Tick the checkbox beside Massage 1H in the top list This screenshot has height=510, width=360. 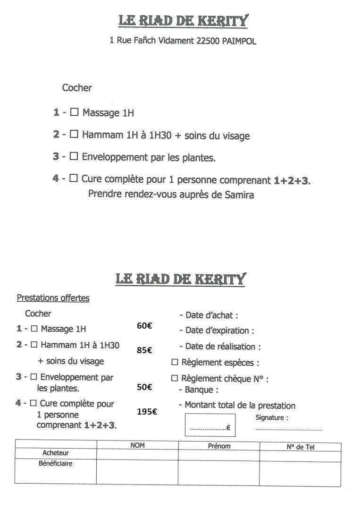(x=74, y=112)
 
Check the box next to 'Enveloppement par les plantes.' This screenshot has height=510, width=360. (x=74, y=156)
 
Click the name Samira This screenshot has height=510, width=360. (x=239, y=195)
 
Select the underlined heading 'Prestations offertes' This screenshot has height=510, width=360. (x=53, y=298)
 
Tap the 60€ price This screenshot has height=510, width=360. (x=144, y=325)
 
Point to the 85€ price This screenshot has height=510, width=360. (x=144, y=350)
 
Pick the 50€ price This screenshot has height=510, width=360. (x=144, y=387)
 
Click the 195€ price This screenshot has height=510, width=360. (x=147, y=412)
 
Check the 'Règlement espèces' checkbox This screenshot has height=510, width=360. (x=175, y=363)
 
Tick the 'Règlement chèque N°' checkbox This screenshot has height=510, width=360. (x=175, y=378)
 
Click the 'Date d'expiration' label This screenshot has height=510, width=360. (x=219, y=331)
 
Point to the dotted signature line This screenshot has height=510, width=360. (x=289, y=429)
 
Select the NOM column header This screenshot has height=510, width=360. (x=137, y=445)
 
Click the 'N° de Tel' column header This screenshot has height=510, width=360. (x=300, y=446)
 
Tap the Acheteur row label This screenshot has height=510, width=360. (x=56, y=453)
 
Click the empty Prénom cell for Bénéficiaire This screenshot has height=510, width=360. (x=218, y=473)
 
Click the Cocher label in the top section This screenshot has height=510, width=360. (x=77, y=88)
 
